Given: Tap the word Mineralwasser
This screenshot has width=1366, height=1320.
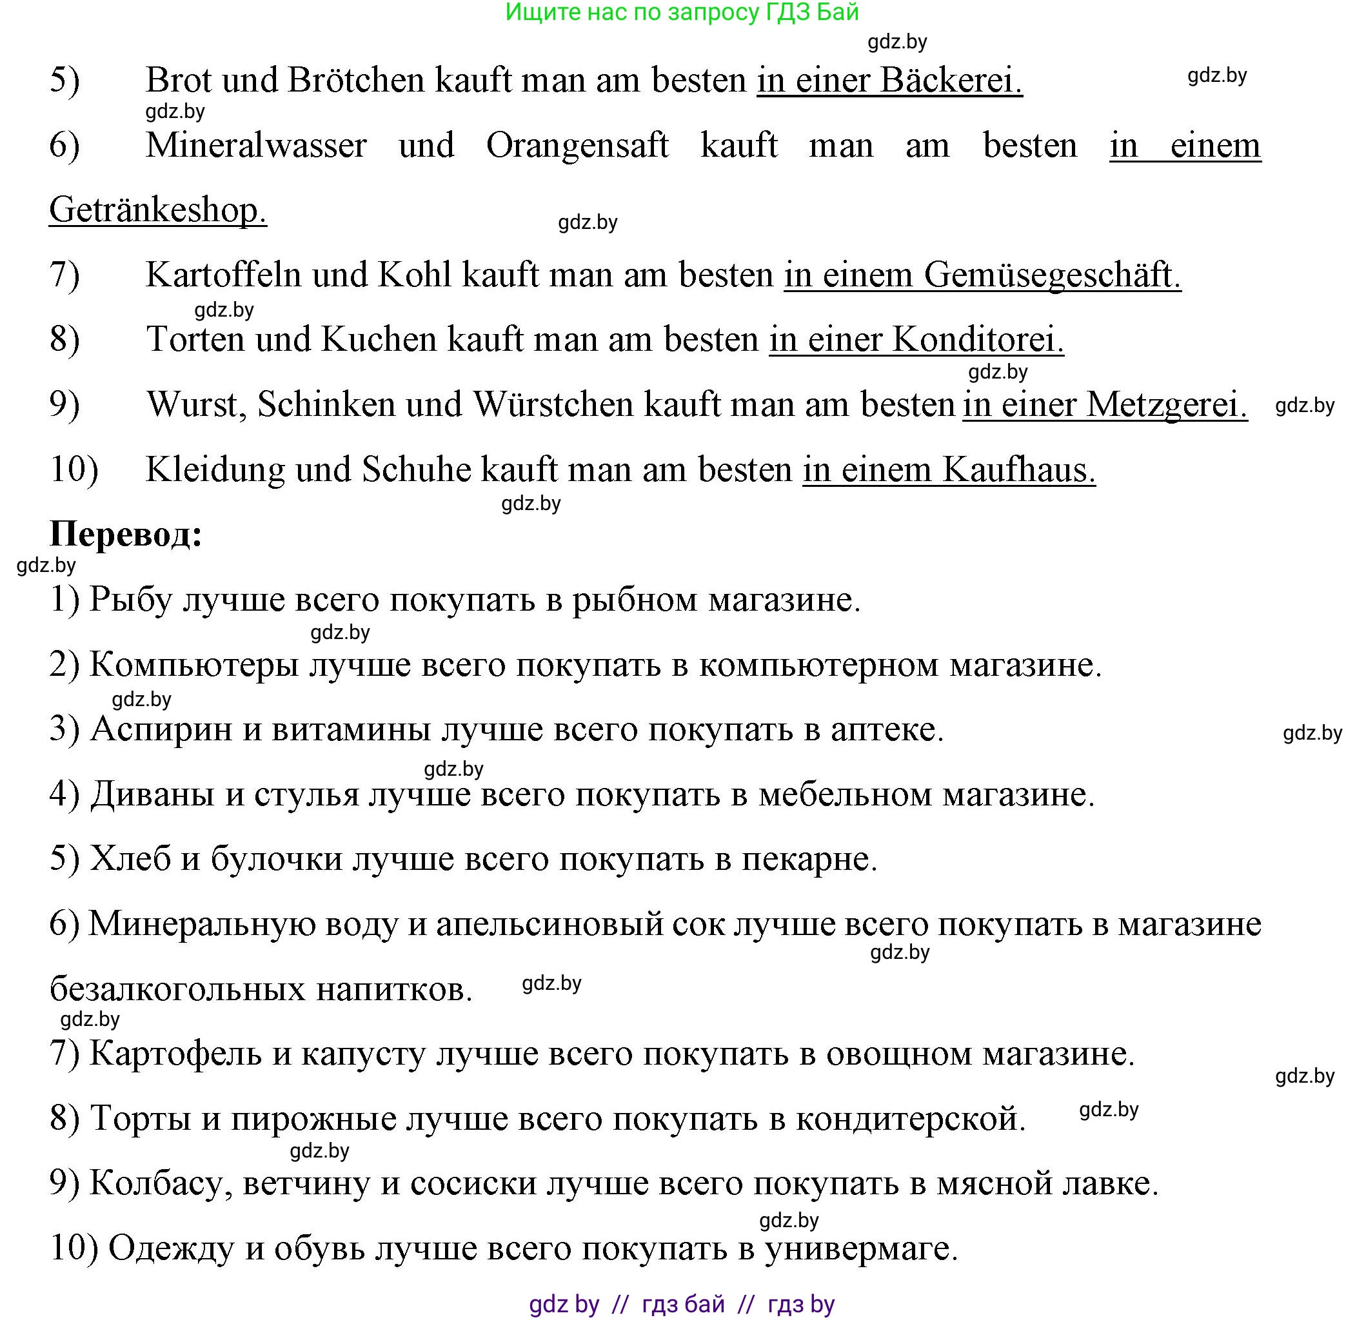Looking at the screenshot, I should click(x=256, y=146).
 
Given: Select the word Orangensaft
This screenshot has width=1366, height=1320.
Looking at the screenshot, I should click(x=577, y=146).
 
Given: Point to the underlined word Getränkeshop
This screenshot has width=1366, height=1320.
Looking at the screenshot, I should click(x=157, y=210).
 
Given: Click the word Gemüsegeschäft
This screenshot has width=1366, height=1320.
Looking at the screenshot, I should click(x=1053, y=275).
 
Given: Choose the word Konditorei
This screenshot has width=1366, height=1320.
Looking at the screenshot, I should click(x=978, y=340).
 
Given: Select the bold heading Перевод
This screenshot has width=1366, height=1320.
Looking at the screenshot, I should click(x=126, y=535).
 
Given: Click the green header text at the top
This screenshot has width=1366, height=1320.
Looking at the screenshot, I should click(x=682, y=12).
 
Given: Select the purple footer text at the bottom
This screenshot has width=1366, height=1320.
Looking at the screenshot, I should click(x=682, y=1303).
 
